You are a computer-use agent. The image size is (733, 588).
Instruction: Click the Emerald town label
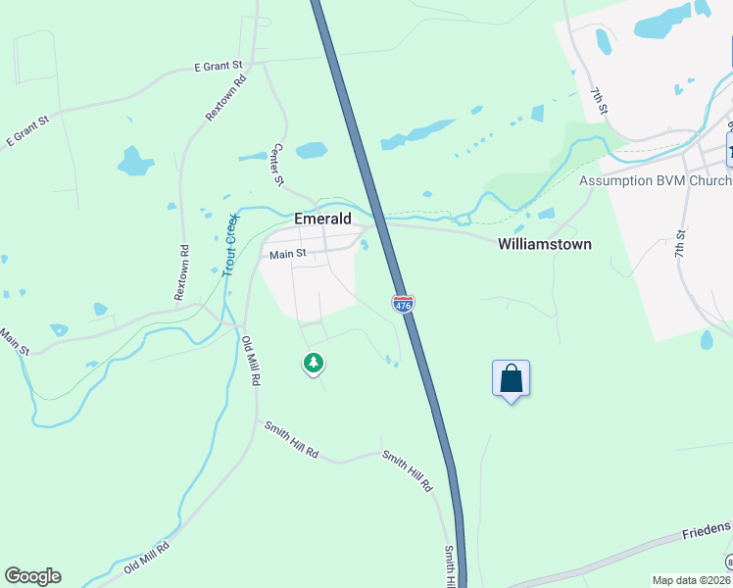click(322, 220)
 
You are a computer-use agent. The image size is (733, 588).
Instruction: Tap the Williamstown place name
click(544, 244)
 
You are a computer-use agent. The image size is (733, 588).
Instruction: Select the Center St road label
click(277, 165)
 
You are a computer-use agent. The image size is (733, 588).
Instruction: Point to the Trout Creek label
click(230, 245)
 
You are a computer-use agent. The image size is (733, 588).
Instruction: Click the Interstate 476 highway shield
click(403, 303)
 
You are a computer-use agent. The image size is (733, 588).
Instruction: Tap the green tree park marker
click(314, 364)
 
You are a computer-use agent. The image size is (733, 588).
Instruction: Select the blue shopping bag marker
click(511, 378)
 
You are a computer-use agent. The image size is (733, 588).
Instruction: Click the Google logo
click(32, 576)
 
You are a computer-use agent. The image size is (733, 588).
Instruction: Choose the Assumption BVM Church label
click(655, 180)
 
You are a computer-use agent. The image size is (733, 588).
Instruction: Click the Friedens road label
click(708, 529)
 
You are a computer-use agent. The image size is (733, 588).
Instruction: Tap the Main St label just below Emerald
click(288, 254)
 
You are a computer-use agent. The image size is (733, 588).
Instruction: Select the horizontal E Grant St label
click(218, 67)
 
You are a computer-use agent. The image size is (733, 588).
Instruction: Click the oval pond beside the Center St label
click(311, 150)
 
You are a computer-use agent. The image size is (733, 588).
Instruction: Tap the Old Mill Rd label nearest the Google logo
click(147, 559)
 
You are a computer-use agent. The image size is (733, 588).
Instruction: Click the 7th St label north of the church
click(600, 100)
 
